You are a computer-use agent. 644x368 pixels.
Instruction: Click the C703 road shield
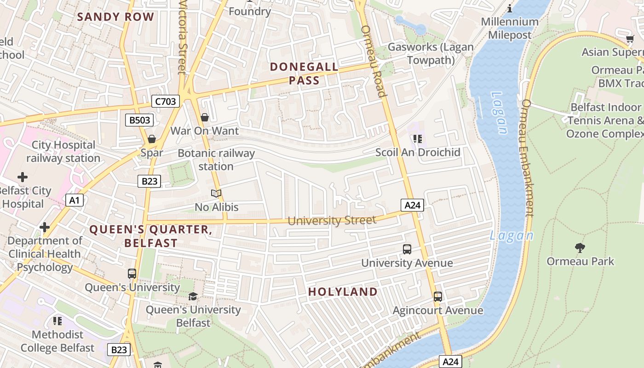165,101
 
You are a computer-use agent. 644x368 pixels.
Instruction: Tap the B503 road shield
139,121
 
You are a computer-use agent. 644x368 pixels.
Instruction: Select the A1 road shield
75,200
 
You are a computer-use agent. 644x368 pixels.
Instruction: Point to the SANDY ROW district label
115,17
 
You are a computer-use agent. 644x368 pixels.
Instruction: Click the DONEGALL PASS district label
304,74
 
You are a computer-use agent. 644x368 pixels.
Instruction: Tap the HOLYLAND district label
343,292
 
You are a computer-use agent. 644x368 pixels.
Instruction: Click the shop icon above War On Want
205,118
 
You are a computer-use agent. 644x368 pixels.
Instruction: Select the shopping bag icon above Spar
151,139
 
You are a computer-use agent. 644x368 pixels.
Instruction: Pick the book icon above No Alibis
216,193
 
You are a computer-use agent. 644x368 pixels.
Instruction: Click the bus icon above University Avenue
407,249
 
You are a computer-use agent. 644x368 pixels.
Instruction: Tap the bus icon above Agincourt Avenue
437,297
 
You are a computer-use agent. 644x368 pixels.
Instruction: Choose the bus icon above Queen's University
132,274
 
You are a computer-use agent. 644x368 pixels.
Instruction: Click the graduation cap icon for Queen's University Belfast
193,296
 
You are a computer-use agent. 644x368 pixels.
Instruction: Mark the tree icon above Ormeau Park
580,248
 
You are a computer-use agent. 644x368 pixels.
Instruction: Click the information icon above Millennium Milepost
510,8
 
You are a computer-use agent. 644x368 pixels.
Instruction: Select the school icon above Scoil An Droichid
418,138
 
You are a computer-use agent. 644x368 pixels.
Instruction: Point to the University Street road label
332,221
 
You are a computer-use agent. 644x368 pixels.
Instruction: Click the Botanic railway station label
216,160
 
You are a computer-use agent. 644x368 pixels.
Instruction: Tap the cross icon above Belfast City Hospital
22,177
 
